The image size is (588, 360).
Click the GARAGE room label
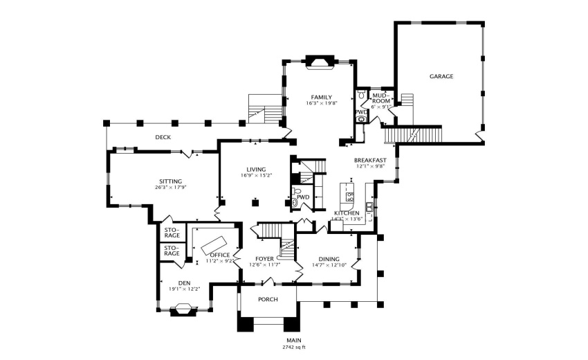[x=441, y=76]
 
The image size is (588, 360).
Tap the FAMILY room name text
[x=321, y=97]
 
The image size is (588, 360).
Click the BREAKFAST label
[x=370, y=160]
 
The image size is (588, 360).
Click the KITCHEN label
[x=346, y=213]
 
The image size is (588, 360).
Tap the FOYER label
[x=265, y=258]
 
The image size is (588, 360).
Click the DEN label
[x=184, y=282]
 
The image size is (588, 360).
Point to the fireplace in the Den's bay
[x=184, y=312]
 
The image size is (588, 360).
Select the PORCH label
[x=268, y=299]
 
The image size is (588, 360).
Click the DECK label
[x=163, y=137]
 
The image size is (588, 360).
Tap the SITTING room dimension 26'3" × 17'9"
[x=171, y=187]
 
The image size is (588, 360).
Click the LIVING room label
[x=256, y=169]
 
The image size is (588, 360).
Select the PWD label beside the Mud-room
[x=360, y=111]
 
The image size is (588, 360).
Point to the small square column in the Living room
[x=255, y=203]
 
